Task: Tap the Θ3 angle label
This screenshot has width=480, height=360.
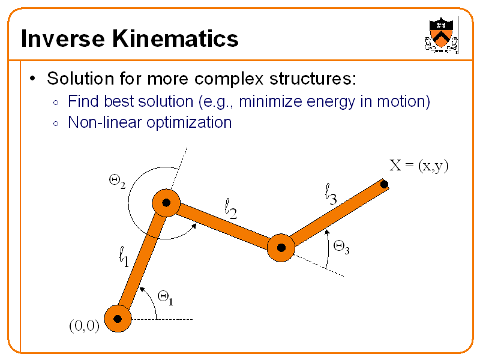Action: click(341, 246)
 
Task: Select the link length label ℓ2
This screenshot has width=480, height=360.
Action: click(230, 208)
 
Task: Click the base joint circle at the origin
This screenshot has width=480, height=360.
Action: click(118, 318)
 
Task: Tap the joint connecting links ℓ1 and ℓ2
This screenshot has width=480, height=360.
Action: click(166, 203)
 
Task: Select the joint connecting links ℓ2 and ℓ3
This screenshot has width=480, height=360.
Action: click(280, 247)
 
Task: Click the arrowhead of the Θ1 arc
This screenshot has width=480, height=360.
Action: click(142, 290)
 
